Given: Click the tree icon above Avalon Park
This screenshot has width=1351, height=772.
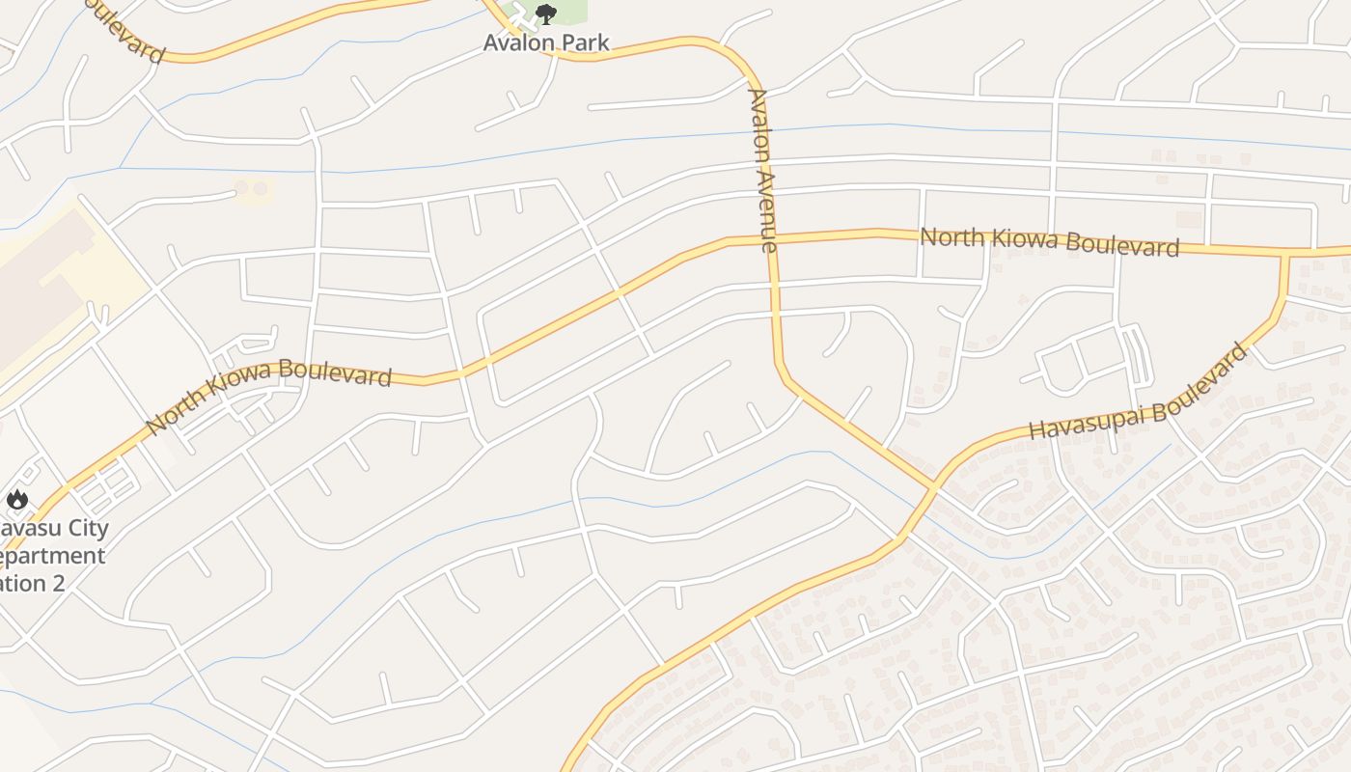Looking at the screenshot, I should [546, 14].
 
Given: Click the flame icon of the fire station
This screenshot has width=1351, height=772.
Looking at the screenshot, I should [16, 499].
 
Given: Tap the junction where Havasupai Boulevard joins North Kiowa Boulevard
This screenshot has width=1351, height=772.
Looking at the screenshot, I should [1286, 254].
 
